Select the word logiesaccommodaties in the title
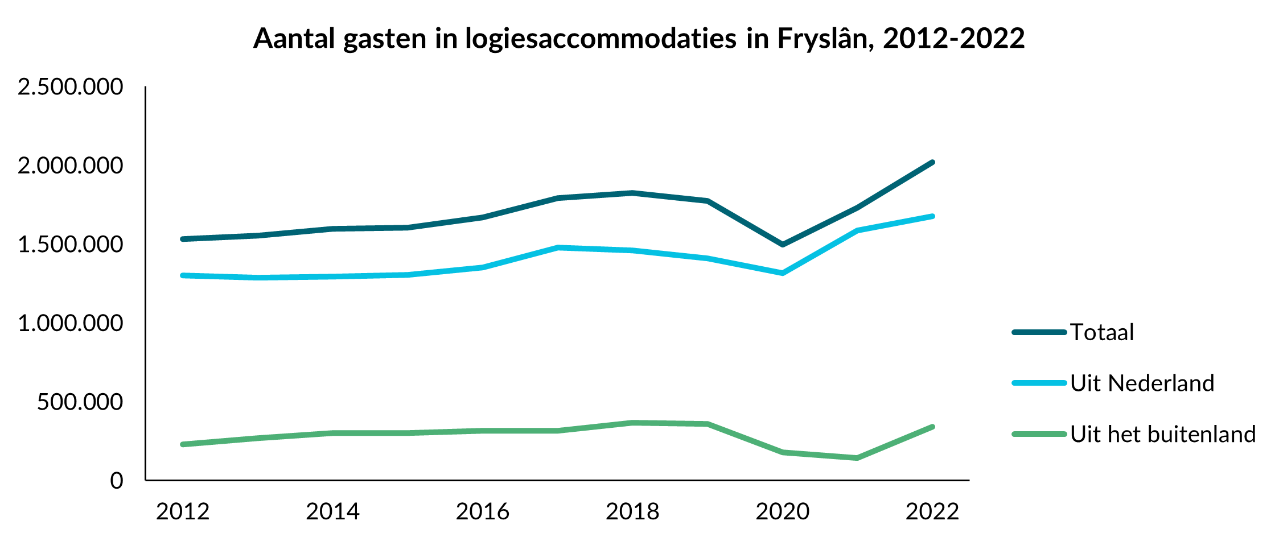(x=601, y=39)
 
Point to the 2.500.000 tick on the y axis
(x=70, y=87)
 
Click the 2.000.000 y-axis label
(x=70, y=166)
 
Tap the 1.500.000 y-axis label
(x=70, y=245)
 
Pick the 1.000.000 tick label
(x=70, y=323)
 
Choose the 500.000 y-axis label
(x=80, y=402)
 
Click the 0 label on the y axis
(x=116, y=481)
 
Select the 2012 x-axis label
(x=183, y=511)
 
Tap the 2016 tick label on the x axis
(x=483, y=511)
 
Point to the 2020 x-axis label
(x=783, y=511)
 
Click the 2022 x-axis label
(x=932, y=511)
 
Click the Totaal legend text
(x=1102, y=332)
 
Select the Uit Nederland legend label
(x=1142, y=383)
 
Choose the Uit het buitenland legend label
(x=1163, y=435)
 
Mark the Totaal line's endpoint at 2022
(x=932, y=162)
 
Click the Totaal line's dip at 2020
(x=783, y=245)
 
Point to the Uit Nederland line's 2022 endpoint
(x=932, y=216)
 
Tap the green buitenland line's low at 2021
(x=857, y=458)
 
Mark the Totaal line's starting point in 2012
(x=183, y=239)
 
